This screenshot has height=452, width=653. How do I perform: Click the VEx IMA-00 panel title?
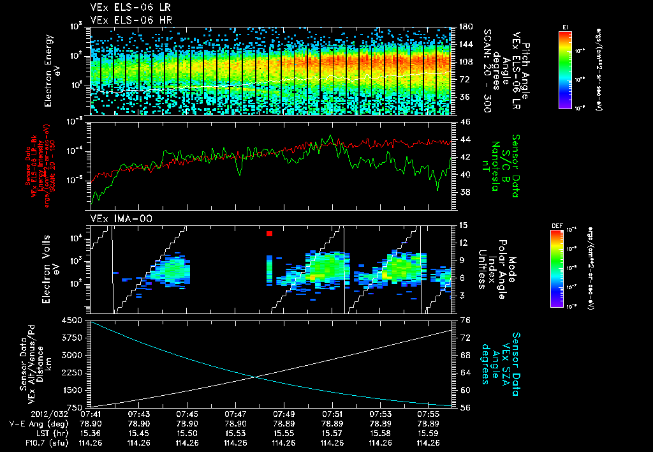[117, 218]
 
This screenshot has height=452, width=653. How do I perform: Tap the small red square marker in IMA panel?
[269, 234]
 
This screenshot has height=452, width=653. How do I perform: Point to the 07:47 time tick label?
[236, 414]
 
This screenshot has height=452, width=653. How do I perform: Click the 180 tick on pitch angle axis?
[465, 27]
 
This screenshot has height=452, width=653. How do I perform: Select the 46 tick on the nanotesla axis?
[465, 122]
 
